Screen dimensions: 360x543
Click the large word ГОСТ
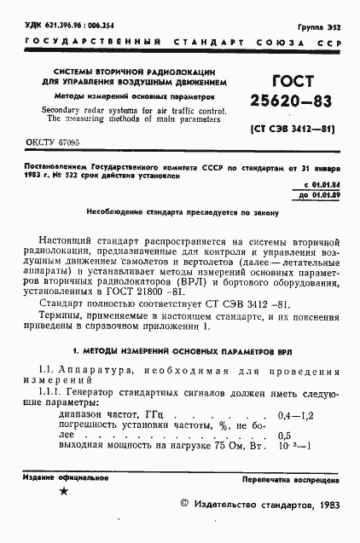point(292,81)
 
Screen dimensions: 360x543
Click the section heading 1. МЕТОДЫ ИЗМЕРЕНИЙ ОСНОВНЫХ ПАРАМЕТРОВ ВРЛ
point(180,350)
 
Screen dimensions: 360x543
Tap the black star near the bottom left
point(64,493)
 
